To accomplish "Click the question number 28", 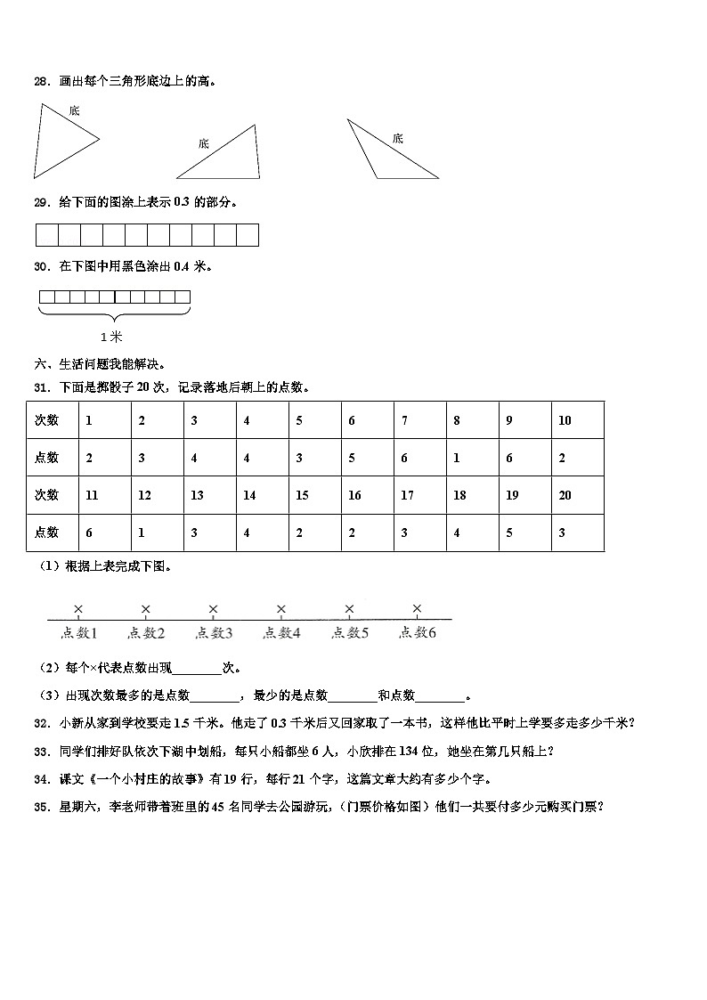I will tap(40, 82).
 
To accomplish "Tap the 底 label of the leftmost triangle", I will tap(74, 110).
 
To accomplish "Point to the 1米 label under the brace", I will tap(111, 336).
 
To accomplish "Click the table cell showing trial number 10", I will tap(578, 420).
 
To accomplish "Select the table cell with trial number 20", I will tap(578, 495).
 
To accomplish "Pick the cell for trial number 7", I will tap(420, 420).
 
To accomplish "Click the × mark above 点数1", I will tap(78, 609).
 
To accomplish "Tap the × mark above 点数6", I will tap(417, 609).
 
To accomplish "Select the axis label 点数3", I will tap(214, 633).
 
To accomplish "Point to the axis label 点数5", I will tap(350, 633).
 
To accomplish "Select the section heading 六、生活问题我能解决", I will tap(99, 364).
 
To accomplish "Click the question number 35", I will tap(40, 807).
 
